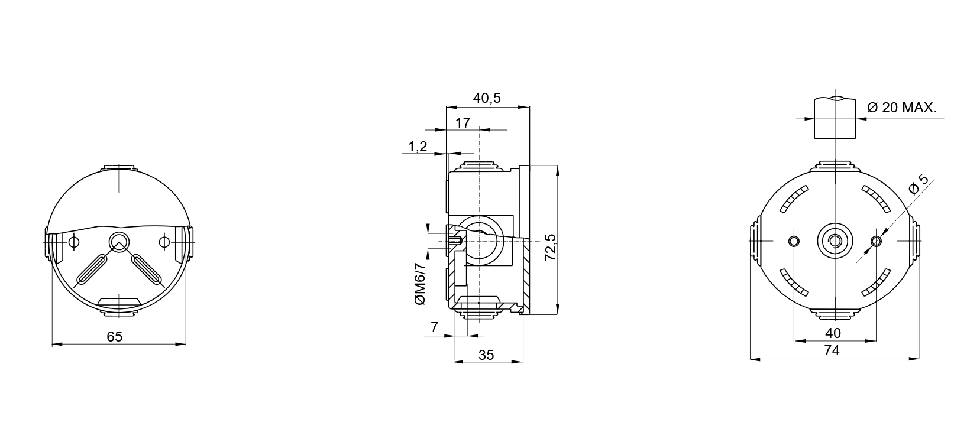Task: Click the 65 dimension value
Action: pyautogui.click(x=114, y=337)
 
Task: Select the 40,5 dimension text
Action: pyautogui.click(x=487, y=98)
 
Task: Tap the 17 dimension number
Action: pyautogui.click(x=463, y=123)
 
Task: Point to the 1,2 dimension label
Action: pyautogui.click(x=418, y=147)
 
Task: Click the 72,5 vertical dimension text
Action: pyautogui.click(x=551, y=247)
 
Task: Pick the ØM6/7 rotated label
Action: pyautogui.click(x=421, y=283)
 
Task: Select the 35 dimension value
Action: pyautogui.click(x=486, y=355)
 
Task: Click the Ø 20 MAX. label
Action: pyautogui.click(x=902, y=108)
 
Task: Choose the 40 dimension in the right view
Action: pyautogui.click(x=833, y=333)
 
